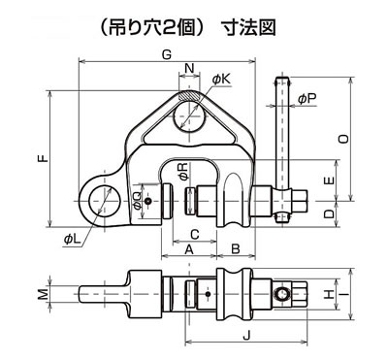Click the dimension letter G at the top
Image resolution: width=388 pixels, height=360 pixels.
(x=166, y=54)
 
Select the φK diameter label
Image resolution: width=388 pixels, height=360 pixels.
(x=222, y=79)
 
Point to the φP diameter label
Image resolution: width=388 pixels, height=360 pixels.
(x=307, y=99)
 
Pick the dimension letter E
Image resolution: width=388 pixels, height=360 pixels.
(x=330, y=181)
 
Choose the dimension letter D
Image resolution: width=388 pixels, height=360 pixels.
(x=329, y=213)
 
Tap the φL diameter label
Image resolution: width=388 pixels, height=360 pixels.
(x=72, y=240)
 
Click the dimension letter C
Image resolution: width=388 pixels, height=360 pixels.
(x=195, y=234)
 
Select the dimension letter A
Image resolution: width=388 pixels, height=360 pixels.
(x=189, y=249)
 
